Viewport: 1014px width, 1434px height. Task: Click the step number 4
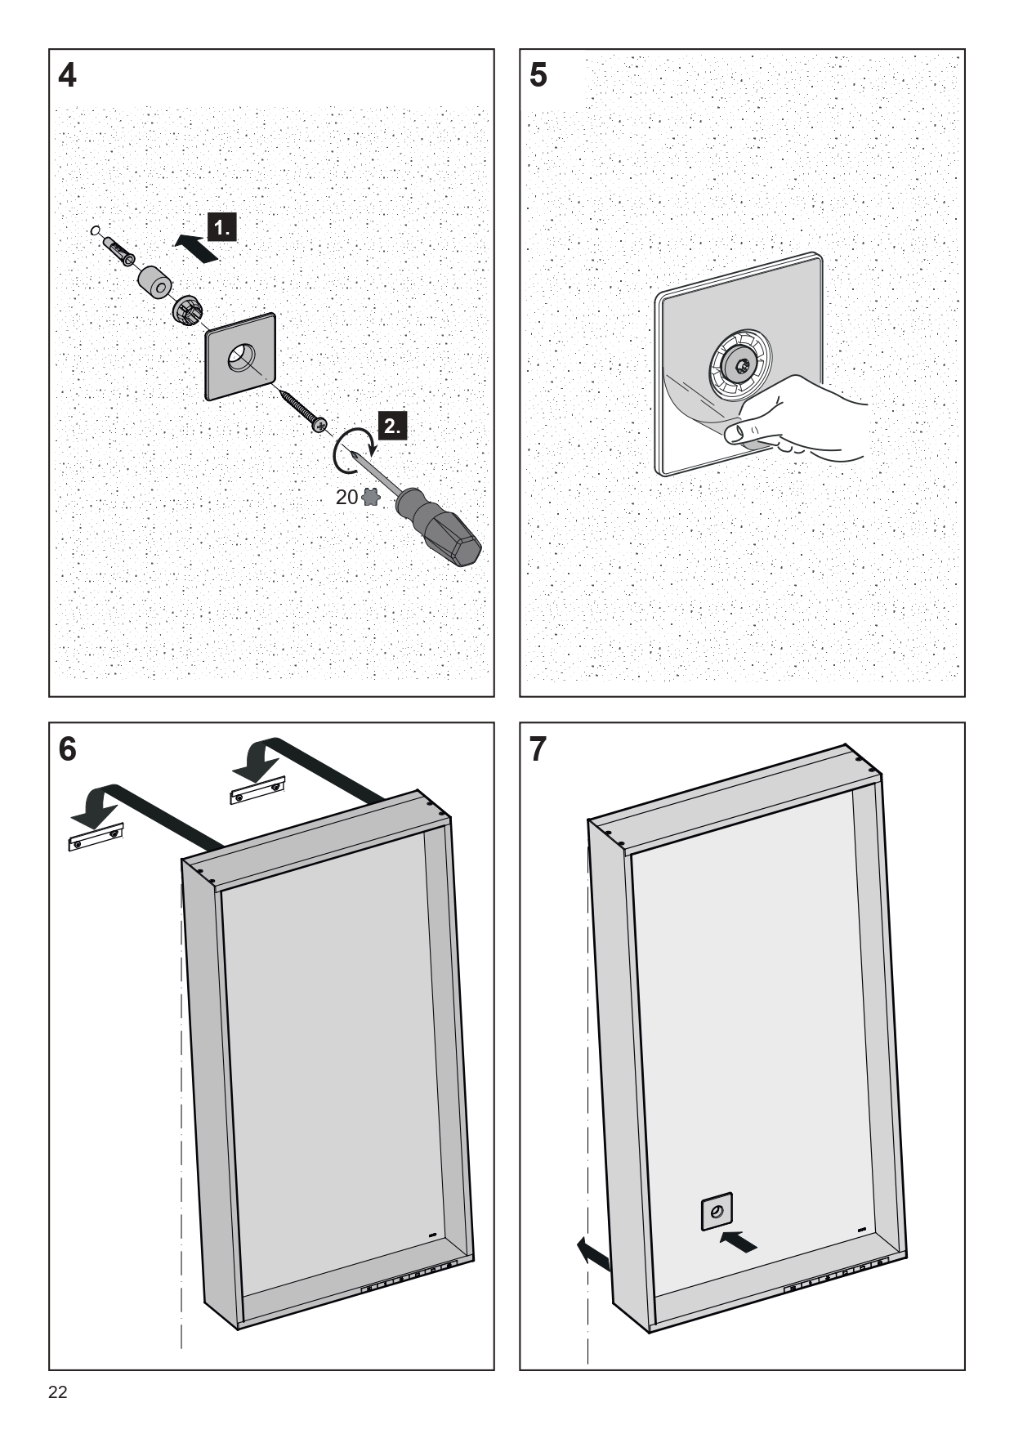pyautogui.click(x=68, y=76)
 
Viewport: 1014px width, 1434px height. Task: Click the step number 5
pyautogui.click(x=538, y=76)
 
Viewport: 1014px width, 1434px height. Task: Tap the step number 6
pyautogui.click(x=68, y=749)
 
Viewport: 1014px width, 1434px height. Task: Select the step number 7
pyautogui.click(x=538, y=749)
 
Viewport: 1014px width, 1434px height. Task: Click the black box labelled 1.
pyautogui.click(x=223, y=226)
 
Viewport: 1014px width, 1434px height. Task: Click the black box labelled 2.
pyautogui.click(x=393, y=426)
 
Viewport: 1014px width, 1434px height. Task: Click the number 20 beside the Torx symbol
pyautogui.click(x=346, y=497)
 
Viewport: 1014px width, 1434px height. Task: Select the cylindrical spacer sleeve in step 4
pyautogui.click(x=153, y=283)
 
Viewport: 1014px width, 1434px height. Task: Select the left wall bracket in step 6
pyautogui.click(x=95, y=836)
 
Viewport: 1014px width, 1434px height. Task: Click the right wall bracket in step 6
pyautogui.click(x=257, y=790)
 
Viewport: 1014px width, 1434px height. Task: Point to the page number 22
pyautogui.click(x=58, y=1392)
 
